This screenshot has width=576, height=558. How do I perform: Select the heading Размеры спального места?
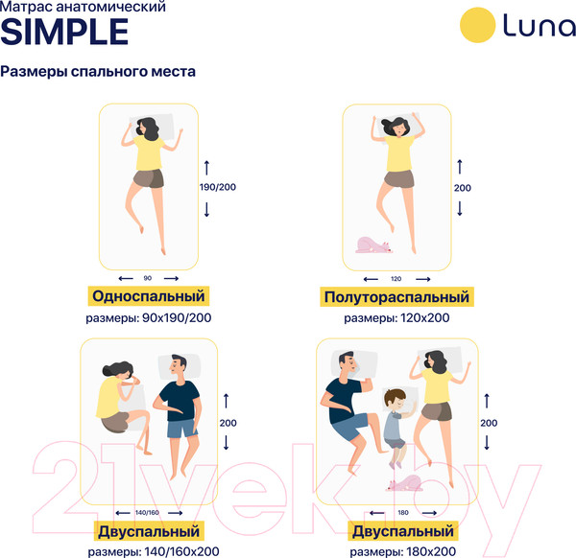coord(98,72)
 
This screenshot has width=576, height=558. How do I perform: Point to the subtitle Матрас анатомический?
coord(83,8)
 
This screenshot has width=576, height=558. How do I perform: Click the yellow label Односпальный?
coord(149,295)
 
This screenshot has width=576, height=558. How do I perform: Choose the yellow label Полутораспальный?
coord(396,297)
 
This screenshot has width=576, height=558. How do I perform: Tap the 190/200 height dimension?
coord(216,186)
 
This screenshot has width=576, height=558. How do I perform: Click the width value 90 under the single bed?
coord(147,277)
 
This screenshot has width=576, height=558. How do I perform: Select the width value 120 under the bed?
coord(396,278)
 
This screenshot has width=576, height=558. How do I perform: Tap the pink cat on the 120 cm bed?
coord(373,245)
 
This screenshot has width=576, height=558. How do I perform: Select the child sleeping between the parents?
coord(395,418)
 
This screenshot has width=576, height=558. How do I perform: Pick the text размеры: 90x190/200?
coord(148,317)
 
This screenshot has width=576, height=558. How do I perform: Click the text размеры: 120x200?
coord(396,318)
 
